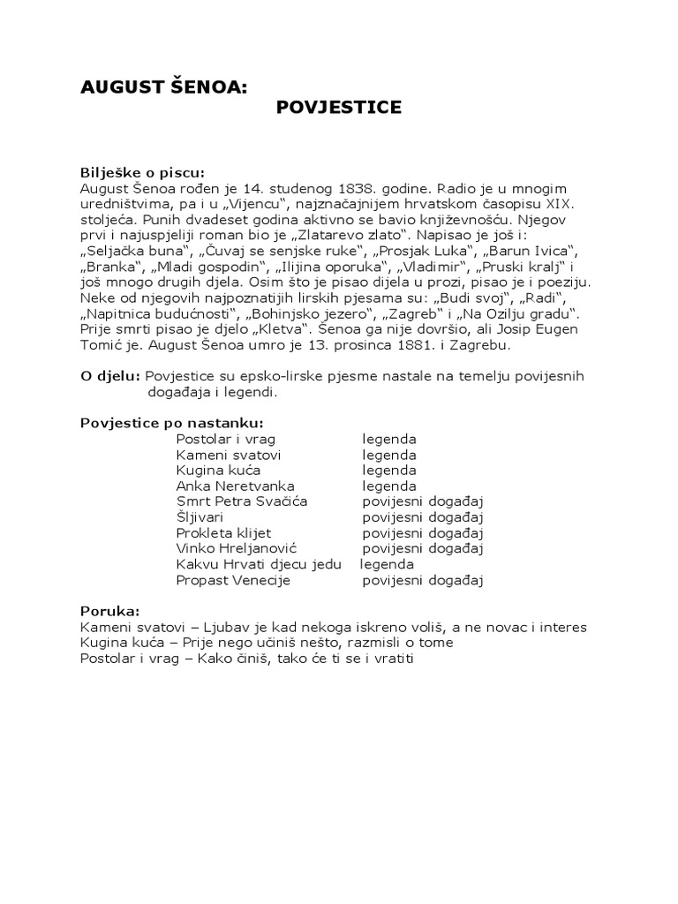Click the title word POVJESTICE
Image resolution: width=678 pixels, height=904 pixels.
click(339, 108)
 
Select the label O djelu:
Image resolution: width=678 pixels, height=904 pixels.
click(110, 376)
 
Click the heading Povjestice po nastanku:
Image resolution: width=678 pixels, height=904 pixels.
click(171, 422)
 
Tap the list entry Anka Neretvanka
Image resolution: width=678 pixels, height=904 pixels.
click(235, 486)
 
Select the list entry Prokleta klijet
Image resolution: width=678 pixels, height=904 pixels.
click(223, 533)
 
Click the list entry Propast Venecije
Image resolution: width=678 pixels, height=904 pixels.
click(233, 580)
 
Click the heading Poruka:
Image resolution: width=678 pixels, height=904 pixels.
click(109, 611)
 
